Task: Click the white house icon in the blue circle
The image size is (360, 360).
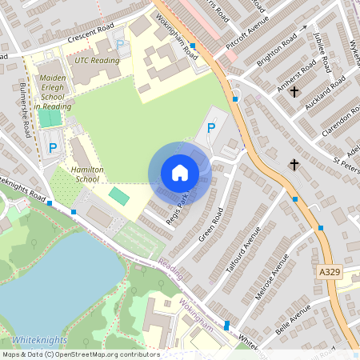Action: pyautogui.click(x=180, y=172)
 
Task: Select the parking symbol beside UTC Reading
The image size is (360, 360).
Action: pyautogui.click(x=120, y=45)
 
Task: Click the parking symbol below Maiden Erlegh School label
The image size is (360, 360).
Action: pyautogui.click(x=53, y=147)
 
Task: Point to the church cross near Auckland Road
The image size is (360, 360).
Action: pyautogui.click(x=294, y=92)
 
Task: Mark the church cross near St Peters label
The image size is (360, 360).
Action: pyautogui.click(x=294, y=165)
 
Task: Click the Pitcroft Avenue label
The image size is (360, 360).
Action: pyautogui.click(x=245, y=36)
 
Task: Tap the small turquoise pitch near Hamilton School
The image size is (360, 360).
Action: pyautogui.click(x=118, y=195)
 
